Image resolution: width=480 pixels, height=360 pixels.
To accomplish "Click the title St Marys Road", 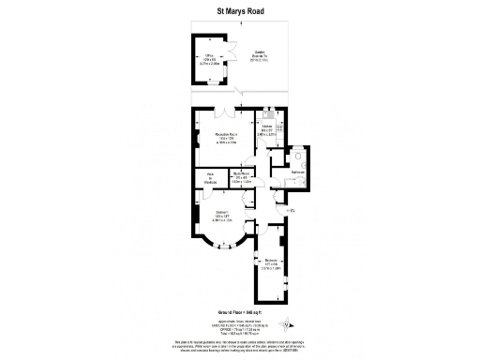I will tap(239, 13).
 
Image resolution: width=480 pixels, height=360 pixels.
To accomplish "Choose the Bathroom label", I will tap(299, 172).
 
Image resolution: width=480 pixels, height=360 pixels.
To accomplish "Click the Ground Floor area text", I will tap(239, 311).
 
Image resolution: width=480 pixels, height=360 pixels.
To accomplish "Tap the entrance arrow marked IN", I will tap(292, 211).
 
